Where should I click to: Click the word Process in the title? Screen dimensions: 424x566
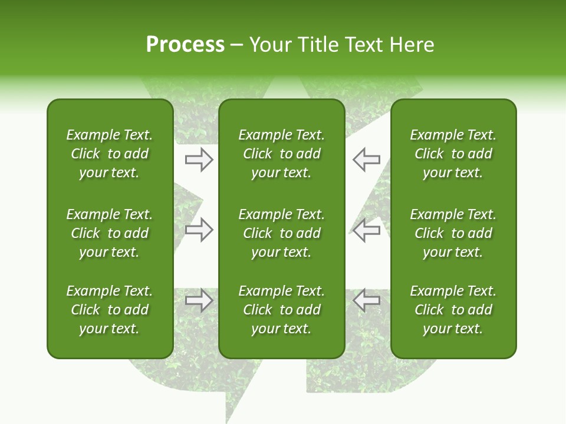click(185, 45)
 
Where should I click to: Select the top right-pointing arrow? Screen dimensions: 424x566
click(199, 159)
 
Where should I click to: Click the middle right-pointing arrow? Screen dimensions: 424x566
click(199, 230)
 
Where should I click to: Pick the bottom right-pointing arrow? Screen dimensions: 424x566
click(199, 300)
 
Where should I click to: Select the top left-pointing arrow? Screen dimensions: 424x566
click(366, 159)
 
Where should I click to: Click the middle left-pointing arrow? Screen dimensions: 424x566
click(366, 230)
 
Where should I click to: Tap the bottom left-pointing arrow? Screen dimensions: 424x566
click(366, 300)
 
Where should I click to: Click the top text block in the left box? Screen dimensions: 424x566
click(110, 154)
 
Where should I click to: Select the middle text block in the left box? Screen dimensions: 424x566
click(110, 233)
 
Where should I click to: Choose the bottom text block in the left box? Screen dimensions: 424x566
click(110, 310)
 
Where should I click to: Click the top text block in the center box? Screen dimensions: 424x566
click(281, 154)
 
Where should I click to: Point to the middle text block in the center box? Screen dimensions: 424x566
click(281, 233)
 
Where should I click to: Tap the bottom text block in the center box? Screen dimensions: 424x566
click(281, 310)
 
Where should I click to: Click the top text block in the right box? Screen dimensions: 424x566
click(453, 154)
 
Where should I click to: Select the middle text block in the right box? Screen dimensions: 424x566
click(453, 233)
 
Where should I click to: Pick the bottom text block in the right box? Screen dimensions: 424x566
click(453, 310)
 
